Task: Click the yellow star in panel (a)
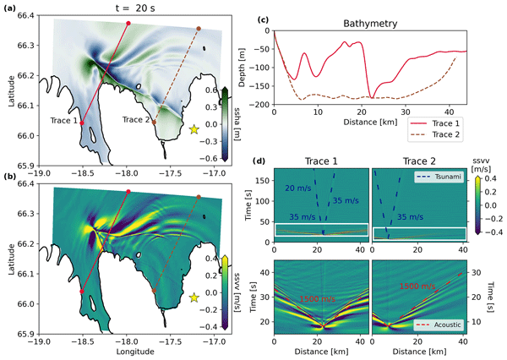(195, 128)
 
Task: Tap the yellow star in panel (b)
(195, 297)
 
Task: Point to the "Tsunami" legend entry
(440, 176)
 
